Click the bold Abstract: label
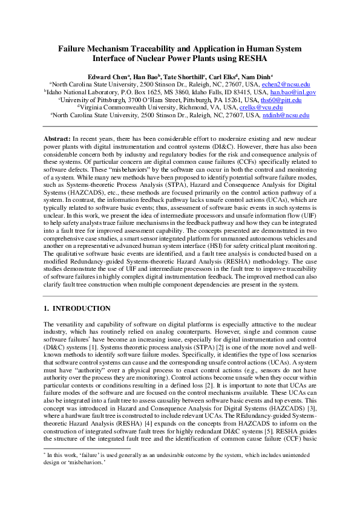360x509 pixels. point(57,139)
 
